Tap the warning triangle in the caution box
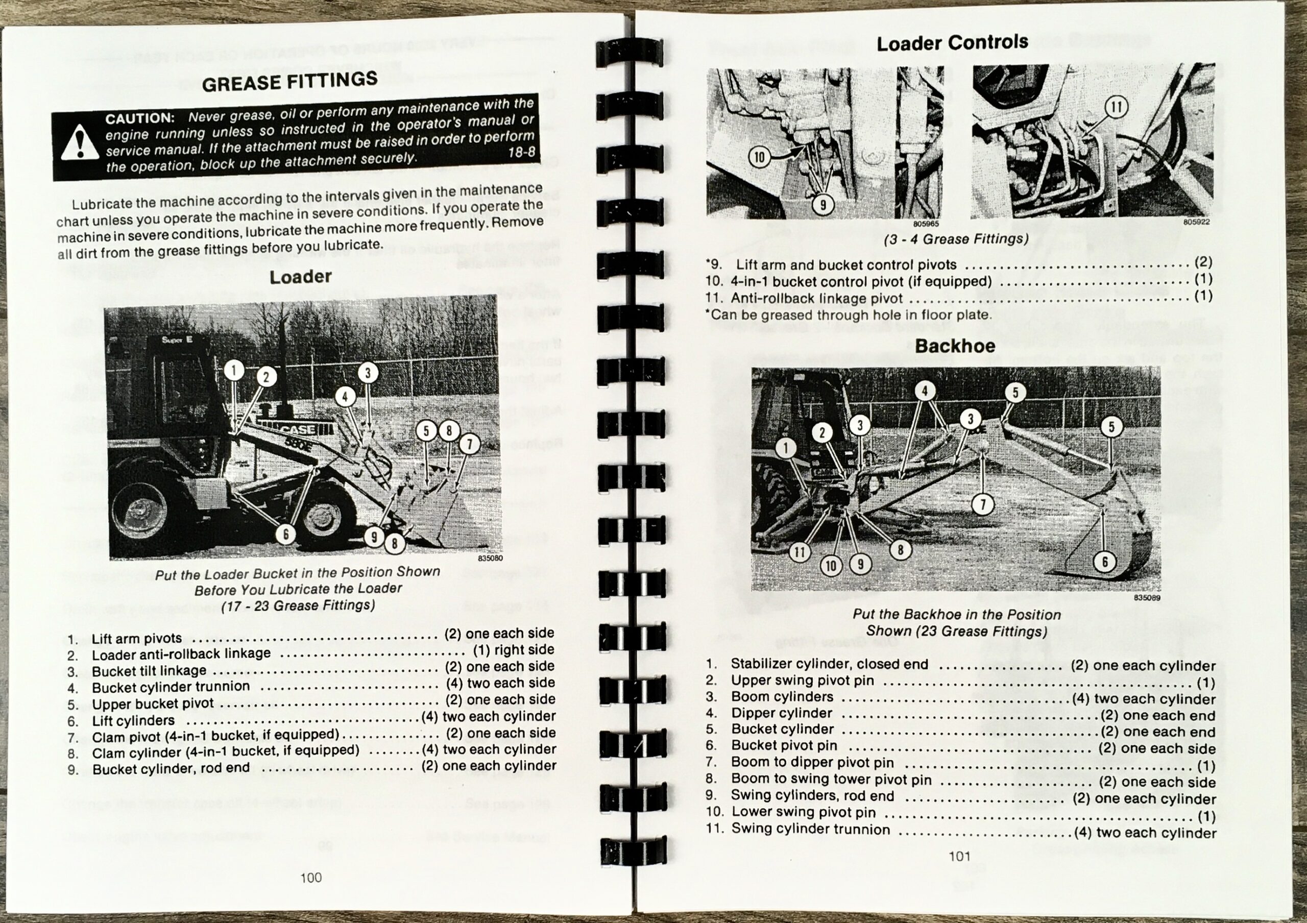pyautogui.click(x=80, y=143)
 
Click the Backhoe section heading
pyautogui.click(x=955, y=346)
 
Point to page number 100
pyautogui.click(x=311, y=878)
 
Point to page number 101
pyautogui.click(x=959, y=856)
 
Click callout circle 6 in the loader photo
pyautogui.click(x=286, y=534)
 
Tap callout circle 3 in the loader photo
pyautogui.click(x=368, y=373)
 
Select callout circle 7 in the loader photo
pyautogui.click(x=469, y=444)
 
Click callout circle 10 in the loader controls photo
pyautogui.click(x=759, y=157)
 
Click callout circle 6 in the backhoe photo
pyautogui.click(x=1105, y=562)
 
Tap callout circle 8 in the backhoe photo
pyautogui.click(x=901, y=550)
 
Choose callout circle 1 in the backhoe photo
pyautogui.click(x=786, y=448)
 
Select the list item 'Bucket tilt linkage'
pyautogui.click(x=149, y=671)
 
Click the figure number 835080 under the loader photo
pyautogui.click(x=490, y=558)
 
